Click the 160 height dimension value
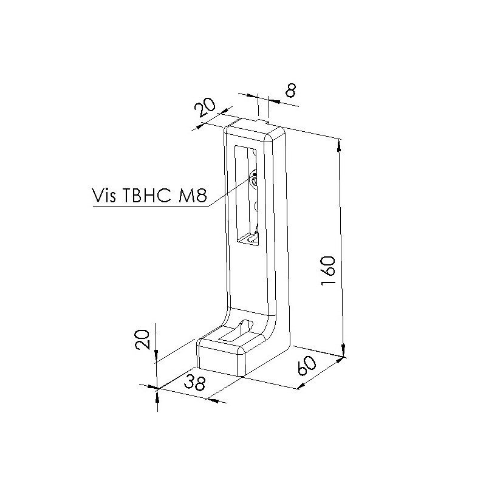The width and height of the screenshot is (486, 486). pyautogui.click(x=328, y=270)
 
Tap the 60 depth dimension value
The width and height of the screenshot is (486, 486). pyautogui.click(x=307, y=366)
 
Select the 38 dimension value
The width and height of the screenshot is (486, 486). pyautogui.click(x=194, y=382)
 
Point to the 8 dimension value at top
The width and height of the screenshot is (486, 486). pyautogui.click(x=290, y=90)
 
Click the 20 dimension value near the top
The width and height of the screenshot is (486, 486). pyautogui.click(x=205, y=108)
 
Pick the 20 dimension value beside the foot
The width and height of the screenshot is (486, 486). pyautogui.click(x=143, y=340)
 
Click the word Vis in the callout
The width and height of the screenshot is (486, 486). pyautogui.click(x=104, y=194)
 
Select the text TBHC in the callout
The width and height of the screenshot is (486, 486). pyautogui.click(x=147, y=195)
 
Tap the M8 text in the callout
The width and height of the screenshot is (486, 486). pyautogui.click(x=193, y=195)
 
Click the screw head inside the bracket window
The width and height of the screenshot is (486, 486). pyautogui.click(x=254, y=180)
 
